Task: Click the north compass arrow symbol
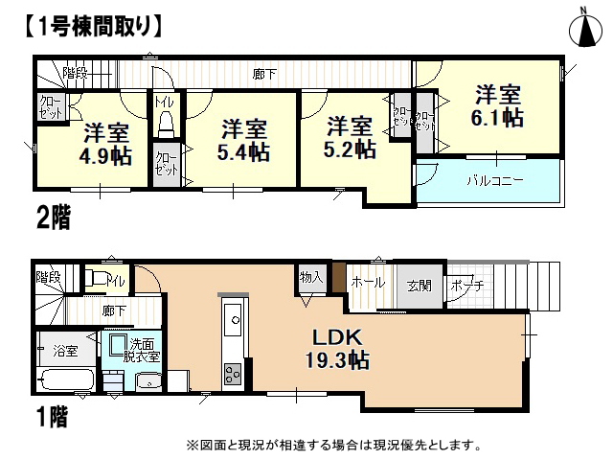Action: [x=585, y=30]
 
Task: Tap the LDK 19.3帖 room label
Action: [x=337, y=348]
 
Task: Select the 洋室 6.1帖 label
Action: [x=498, y=105]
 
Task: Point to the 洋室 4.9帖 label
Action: [x=106, y=144]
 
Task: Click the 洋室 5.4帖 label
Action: [x=243, y=141]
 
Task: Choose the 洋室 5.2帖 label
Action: [x=350, y=138]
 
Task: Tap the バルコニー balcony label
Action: [x=495, y=181]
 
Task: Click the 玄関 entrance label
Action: [x=420, y=287]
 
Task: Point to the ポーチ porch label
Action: [x=467, y=285]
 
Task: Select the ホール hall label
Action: [x=368, y=282]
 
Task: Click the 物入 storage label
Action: [x=311, y=277]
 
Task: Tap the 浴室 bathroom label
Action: [x=65, y=351]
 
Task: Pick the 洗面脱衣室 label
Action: [x=141, y=351]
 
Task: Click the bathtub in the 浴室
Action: [x=66, y=379]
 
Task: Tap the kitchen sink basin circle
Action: [x=236, y=320]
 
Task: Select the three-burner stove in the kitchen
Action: [x=233, y=375]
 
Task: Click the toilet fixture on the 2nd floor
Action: [x=166, y=124]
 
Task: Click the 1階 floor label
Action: [x=53, y=417]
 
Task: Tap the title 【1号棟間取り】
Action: [x=94, y=27]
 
